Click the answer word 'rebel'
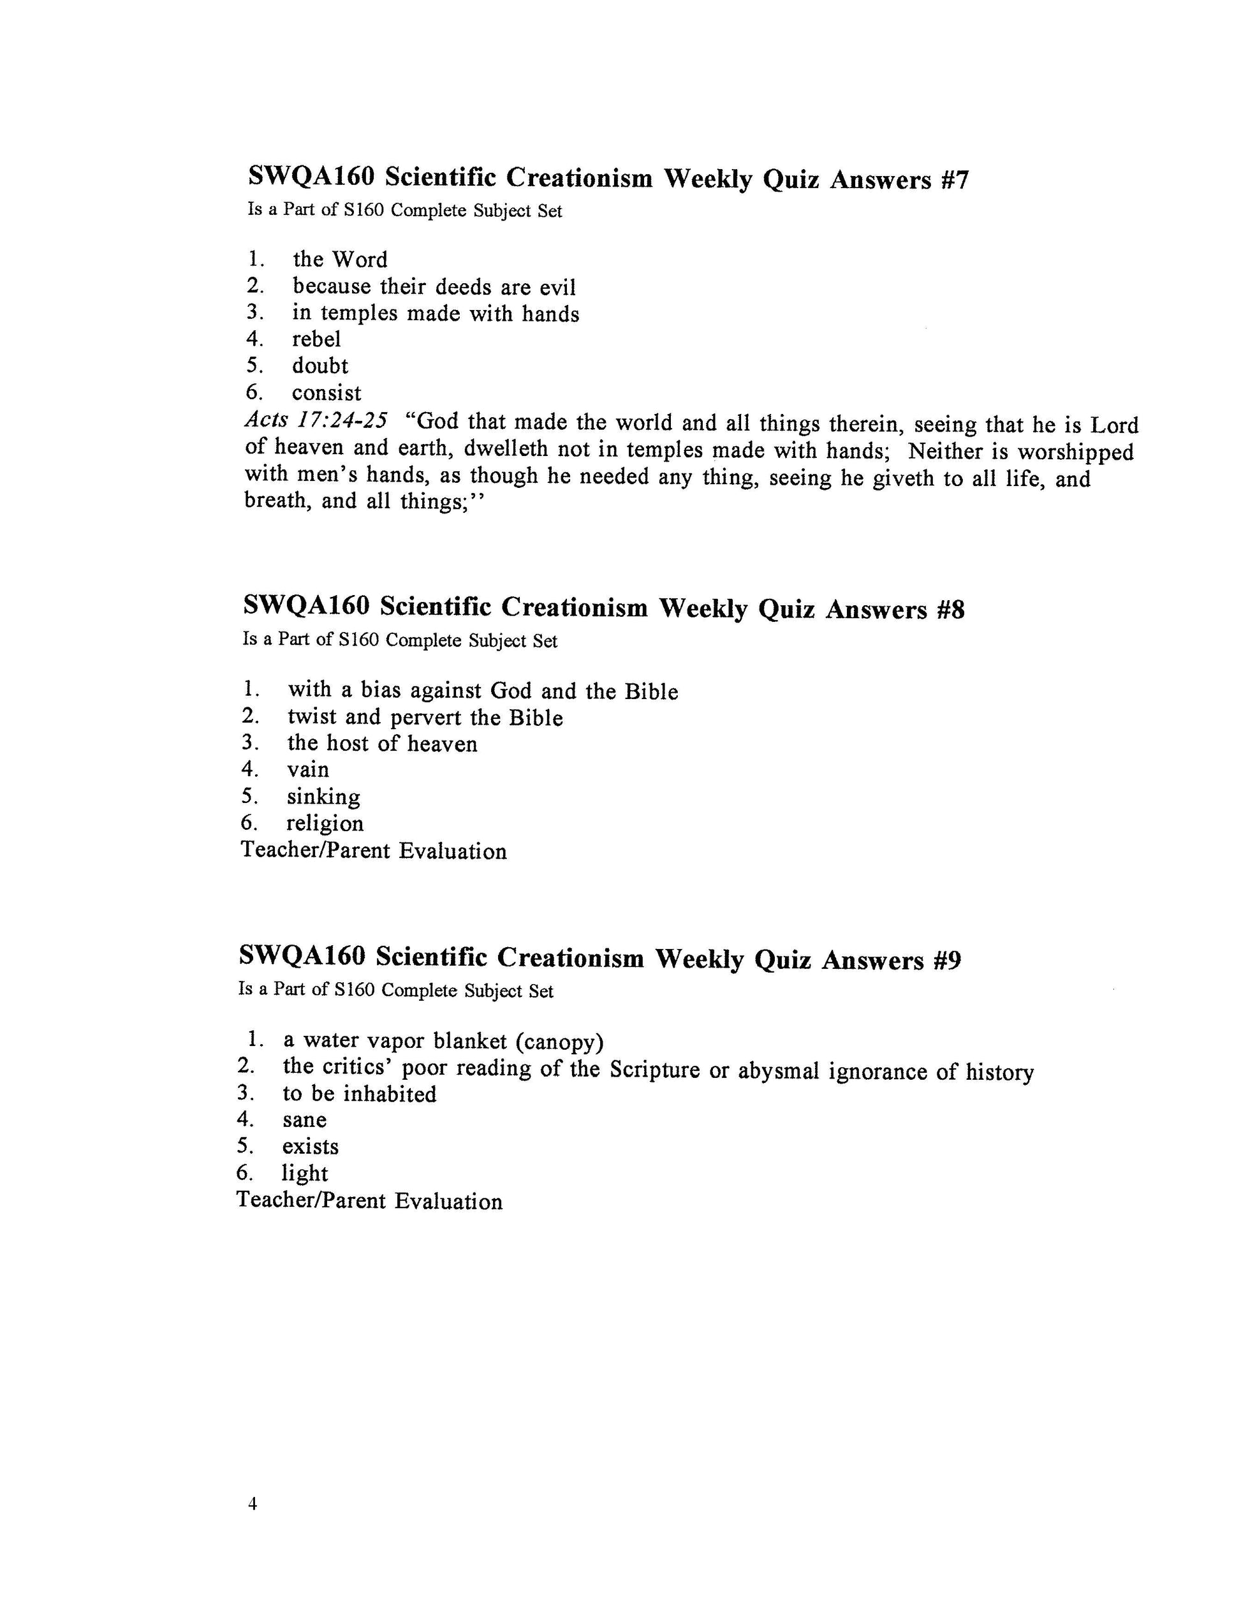pos(316,339)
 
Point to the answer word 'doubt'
pos(319,365)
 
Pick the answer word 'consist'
pos(327,393)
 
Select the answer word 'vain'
pos(308,770)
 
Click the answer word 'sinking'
pos(323,797)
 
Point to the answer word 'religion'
pos(325,823)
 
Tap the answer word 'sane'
pos(304,1120)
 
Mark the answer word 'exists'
pos(310,1147)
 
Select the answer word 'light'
pos(304,1174)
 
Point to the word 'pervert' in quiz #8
pos(427,718)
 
